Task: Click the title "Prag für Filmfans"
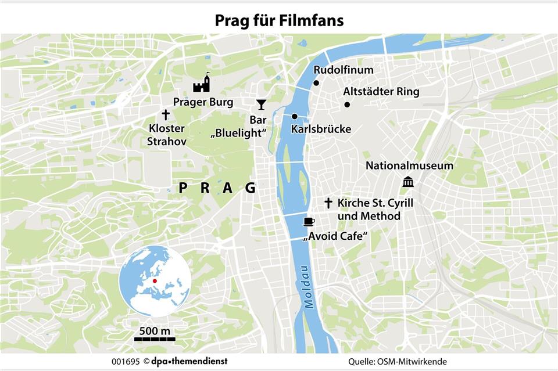(x=279, y=21)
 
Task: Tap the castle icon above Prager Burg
(x=202, y=85)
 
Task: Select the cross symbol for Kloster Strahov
(x=166, y=115)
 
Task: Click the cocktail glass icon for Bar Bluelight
(x=261, y=105)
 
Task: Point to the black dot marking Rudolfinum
(x=317, y=83)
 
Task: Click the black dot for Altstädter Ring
(x=347, y=105)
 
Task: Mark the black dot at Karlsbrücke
(x=295, y=116)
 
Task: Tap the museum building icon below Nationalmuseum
(x=408, y=182)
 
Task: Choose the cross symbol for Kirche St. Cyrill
(x=328, y=203)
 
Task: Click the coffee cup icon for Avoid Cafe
(x=309, y=221)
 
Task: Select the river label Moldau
(x=307, y=287)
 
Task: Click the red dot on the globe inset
(x=155, y=281)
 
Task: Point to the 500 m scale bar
(x=155, y=338)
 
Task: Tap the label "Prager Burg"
(x=203, y=102)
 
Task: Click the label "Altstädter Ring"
(x=381, y=92)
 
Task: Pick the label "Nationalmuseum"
(x=409, y=165)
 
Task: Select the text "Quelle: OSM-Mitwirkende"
(x=398, y=362)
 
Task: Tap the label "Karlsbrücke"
(x=321, y=129)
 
